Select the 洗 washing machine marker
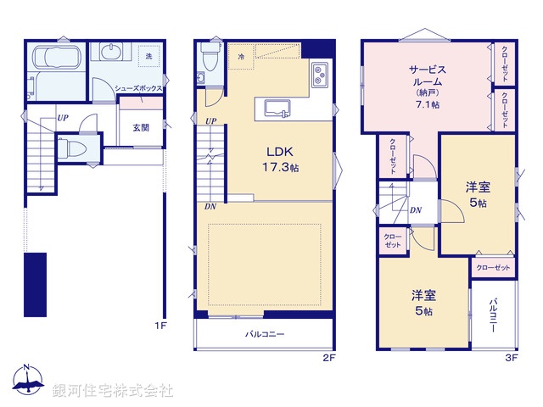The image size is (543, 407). point(148,56)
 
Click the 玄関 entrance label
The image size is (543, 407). point(141,128)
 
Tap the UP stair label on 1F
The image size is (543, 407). point(63,119)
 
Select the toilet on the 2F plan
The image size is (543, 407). point(210,59)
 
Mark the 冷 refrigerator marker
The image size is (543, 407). point(241,56)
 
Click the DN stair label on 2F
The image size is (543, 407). point(210,206)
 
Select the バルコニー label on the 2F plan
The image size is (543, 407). point(265,334)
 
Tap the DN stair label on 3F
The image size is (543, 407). point(417,210)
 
